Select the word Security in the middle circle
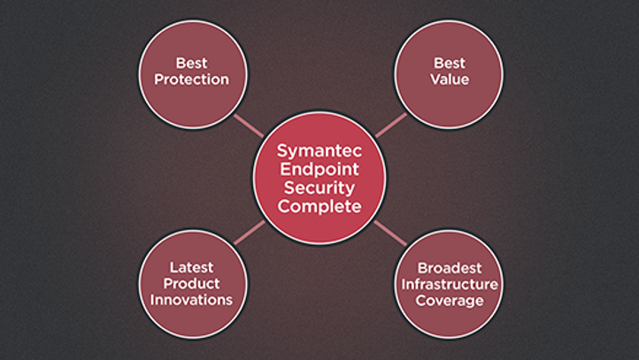tap(319, 188)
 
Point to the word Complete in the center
tap(319, 207)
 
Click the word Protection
tap(191, 80)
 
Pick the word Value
tap(450, 80)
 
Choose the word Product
tap(191, 283)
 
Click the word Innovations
tap(191, 300)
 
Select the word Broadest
tap(449, 266)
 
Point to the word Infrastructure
tap(449, 284)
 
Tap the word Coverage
tap(449, 301)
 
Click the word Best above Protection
tap(191, 63)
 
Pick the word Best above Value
tap(450, 63)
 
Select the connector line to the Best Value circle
tap(389, 125)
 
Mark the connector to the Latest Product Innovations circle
tap(250, 234)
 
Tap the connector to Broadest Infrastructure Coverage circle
tap(389, 234)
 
